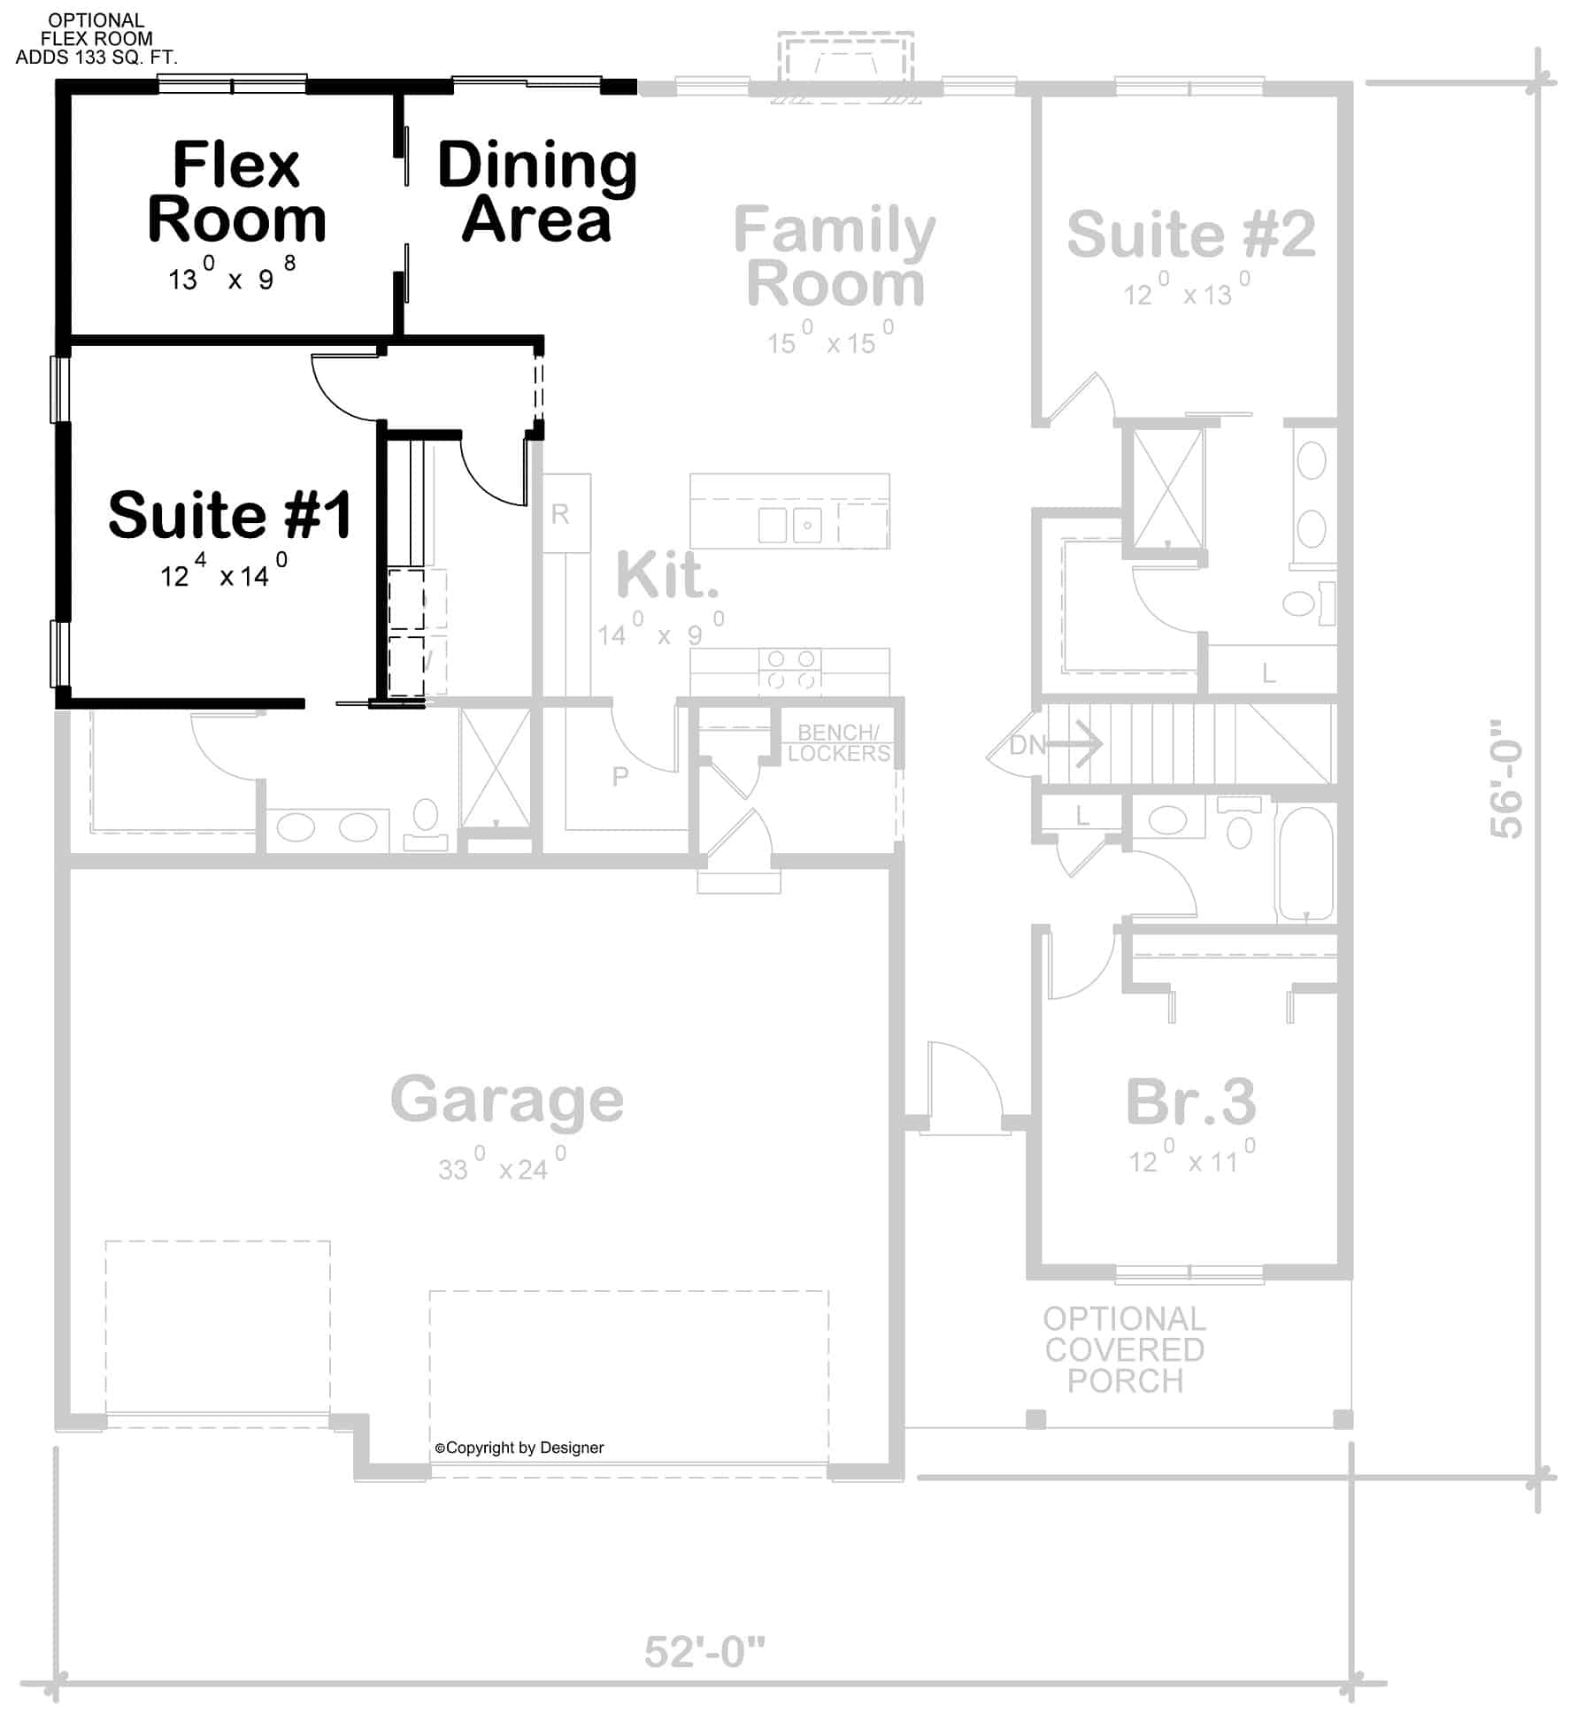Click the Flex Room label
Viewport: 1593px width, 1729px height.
236,191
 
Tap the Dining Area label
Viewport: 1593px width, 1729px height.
537,191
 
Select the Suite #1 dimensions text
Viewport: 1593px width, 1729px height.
223,572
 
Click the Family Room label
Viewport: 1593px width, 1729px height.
835,256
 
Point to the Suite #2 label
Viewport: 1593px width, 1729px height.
1190,234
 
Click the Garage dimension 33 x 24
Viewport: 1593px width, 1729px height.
502,1164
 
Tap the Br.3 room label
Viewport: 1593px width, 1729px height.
1190,1102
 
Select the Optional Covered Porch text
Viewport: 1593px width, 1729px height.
1124,1349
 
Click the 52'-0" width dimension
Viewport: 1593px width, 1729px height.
704,1651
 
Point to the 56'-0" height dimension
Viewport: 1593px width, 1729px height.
1505,779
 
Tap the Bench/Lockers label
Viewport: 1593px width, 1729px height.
838,743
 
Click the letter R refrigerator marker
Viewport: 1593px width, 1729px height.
560,514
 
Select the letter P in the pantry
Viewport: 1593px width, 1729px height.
620,776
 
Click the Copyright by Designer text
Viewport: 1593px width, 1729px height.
519,1448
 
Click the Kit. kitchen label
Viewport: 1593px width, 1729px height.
667,575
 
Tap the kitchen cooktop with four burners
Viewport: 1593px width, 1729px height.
790,670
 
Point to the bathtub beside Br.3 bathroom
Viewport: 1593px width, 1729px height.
1304,864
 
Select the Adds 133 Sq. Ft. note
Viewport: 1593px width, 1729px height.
96,58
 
